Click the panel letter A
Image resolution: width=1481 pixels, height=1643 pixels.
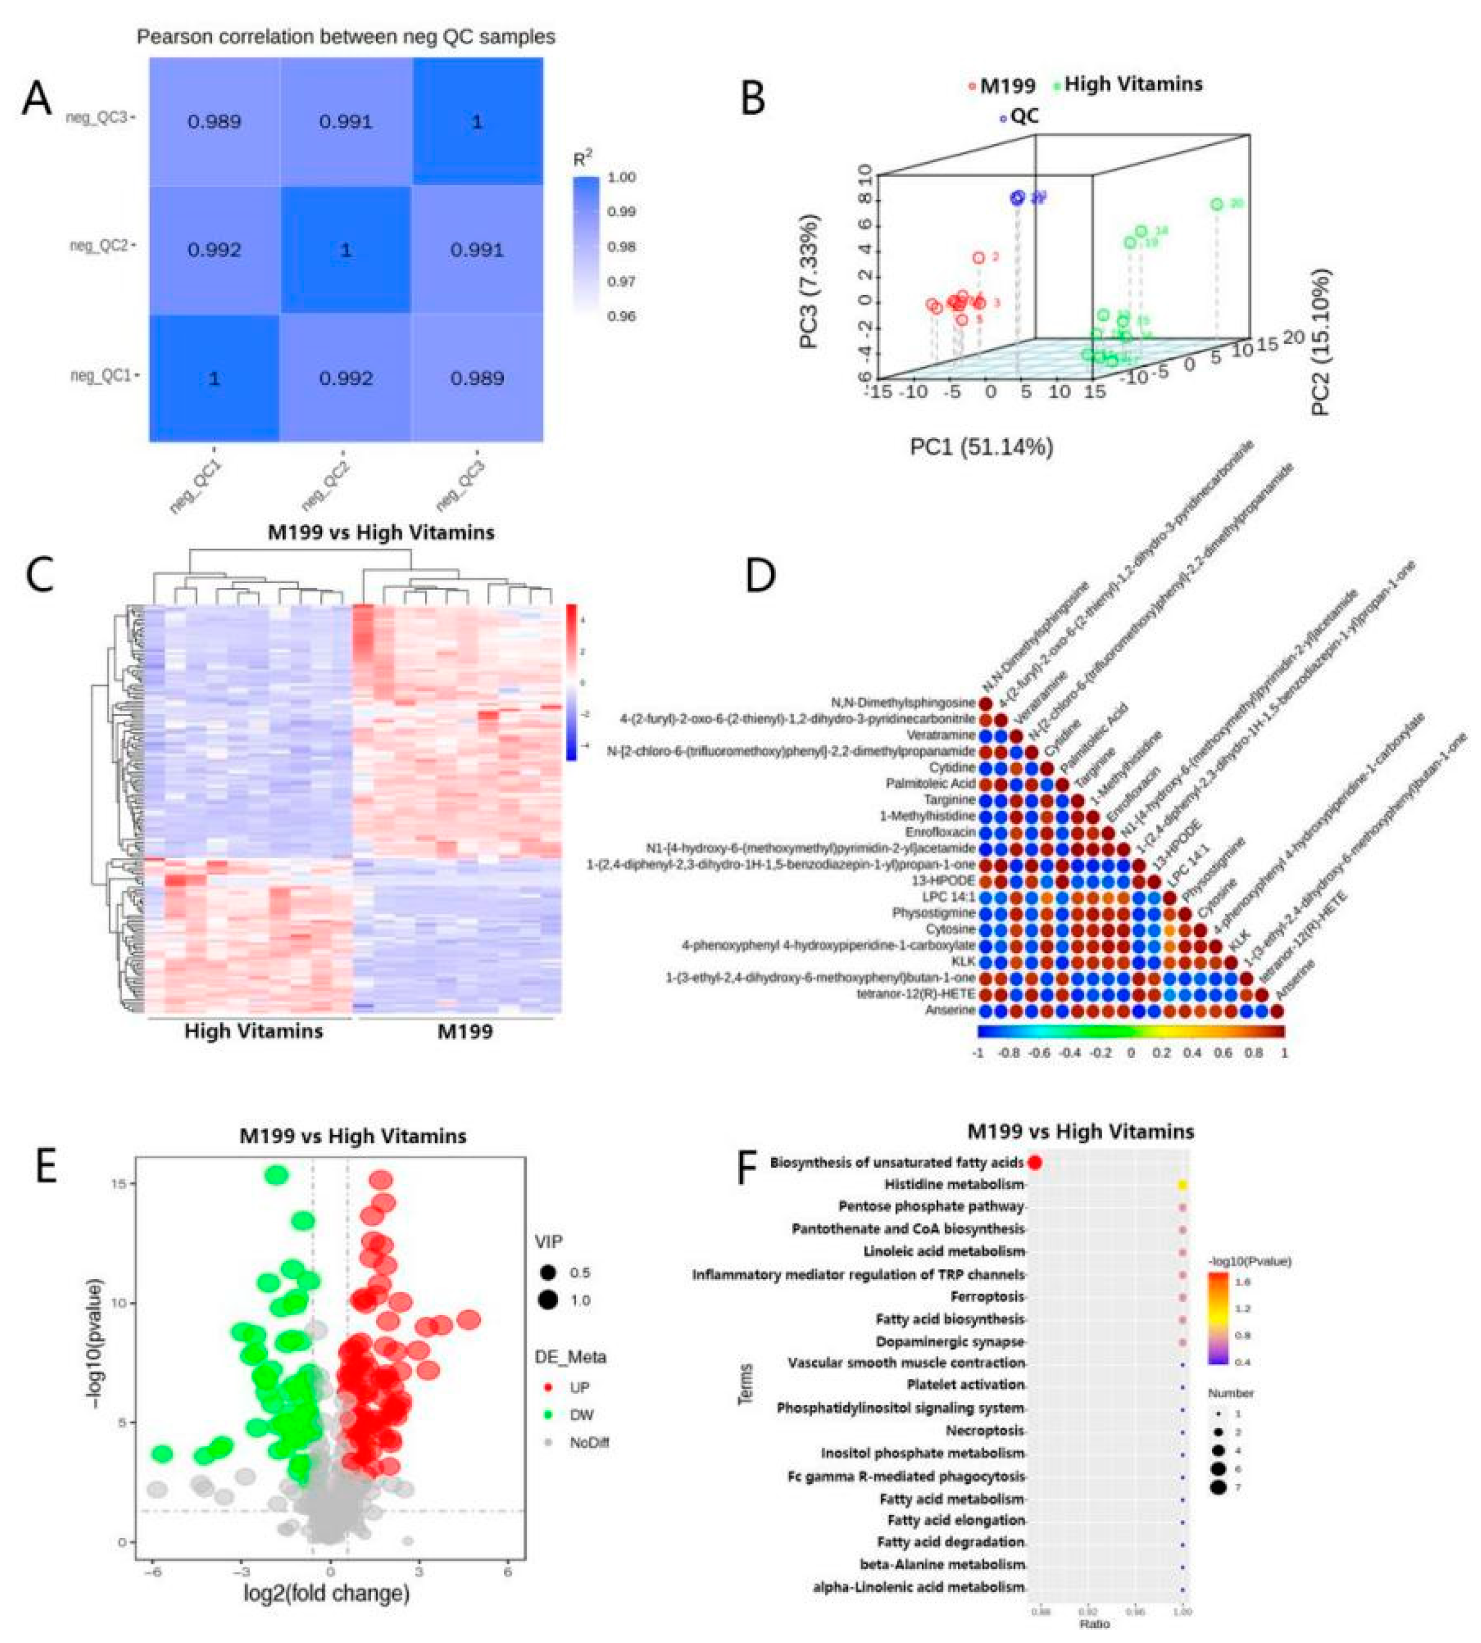pyautogui.click(x=37, y=100)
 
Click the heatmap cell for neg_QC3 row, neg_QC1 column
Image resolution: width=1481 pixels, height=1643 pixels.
pyautogui.click(x=214, y=122)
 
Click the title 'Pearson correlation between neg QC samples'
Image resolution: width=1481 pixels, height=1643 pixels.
pyautogui.click(x=346, y=37)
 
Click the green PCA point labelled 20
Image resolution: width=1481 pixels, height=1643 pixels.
pyautogui.click(x=1216, y=204)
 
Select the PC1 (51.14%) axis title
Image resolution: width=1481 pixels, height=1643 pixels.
pyautogui.click(x=981, y=447)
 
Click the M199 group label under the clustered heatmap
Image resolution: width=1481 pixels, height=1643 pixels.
pyautogui.click(x=465, y=1031)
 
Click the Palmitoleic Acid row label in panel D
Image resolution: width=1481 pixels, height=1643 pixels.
pyautogui.click(x=930, y=784)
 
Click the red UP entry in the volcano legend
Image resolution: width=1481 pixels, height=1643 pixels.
pyautogui.click(x=578, y=1387)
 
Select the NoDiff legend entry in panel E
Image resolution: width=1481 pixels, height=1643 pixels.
pyautogui.click(x=587, y=1443)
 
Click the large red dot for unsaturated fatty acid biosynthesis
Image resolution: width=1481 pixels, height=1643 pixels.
pyautogui.click(x=1034, y=1162)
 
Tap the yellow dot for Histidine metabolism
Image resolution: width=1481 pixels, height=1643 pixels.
pyautogui.click(x=1183, y=1185)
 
